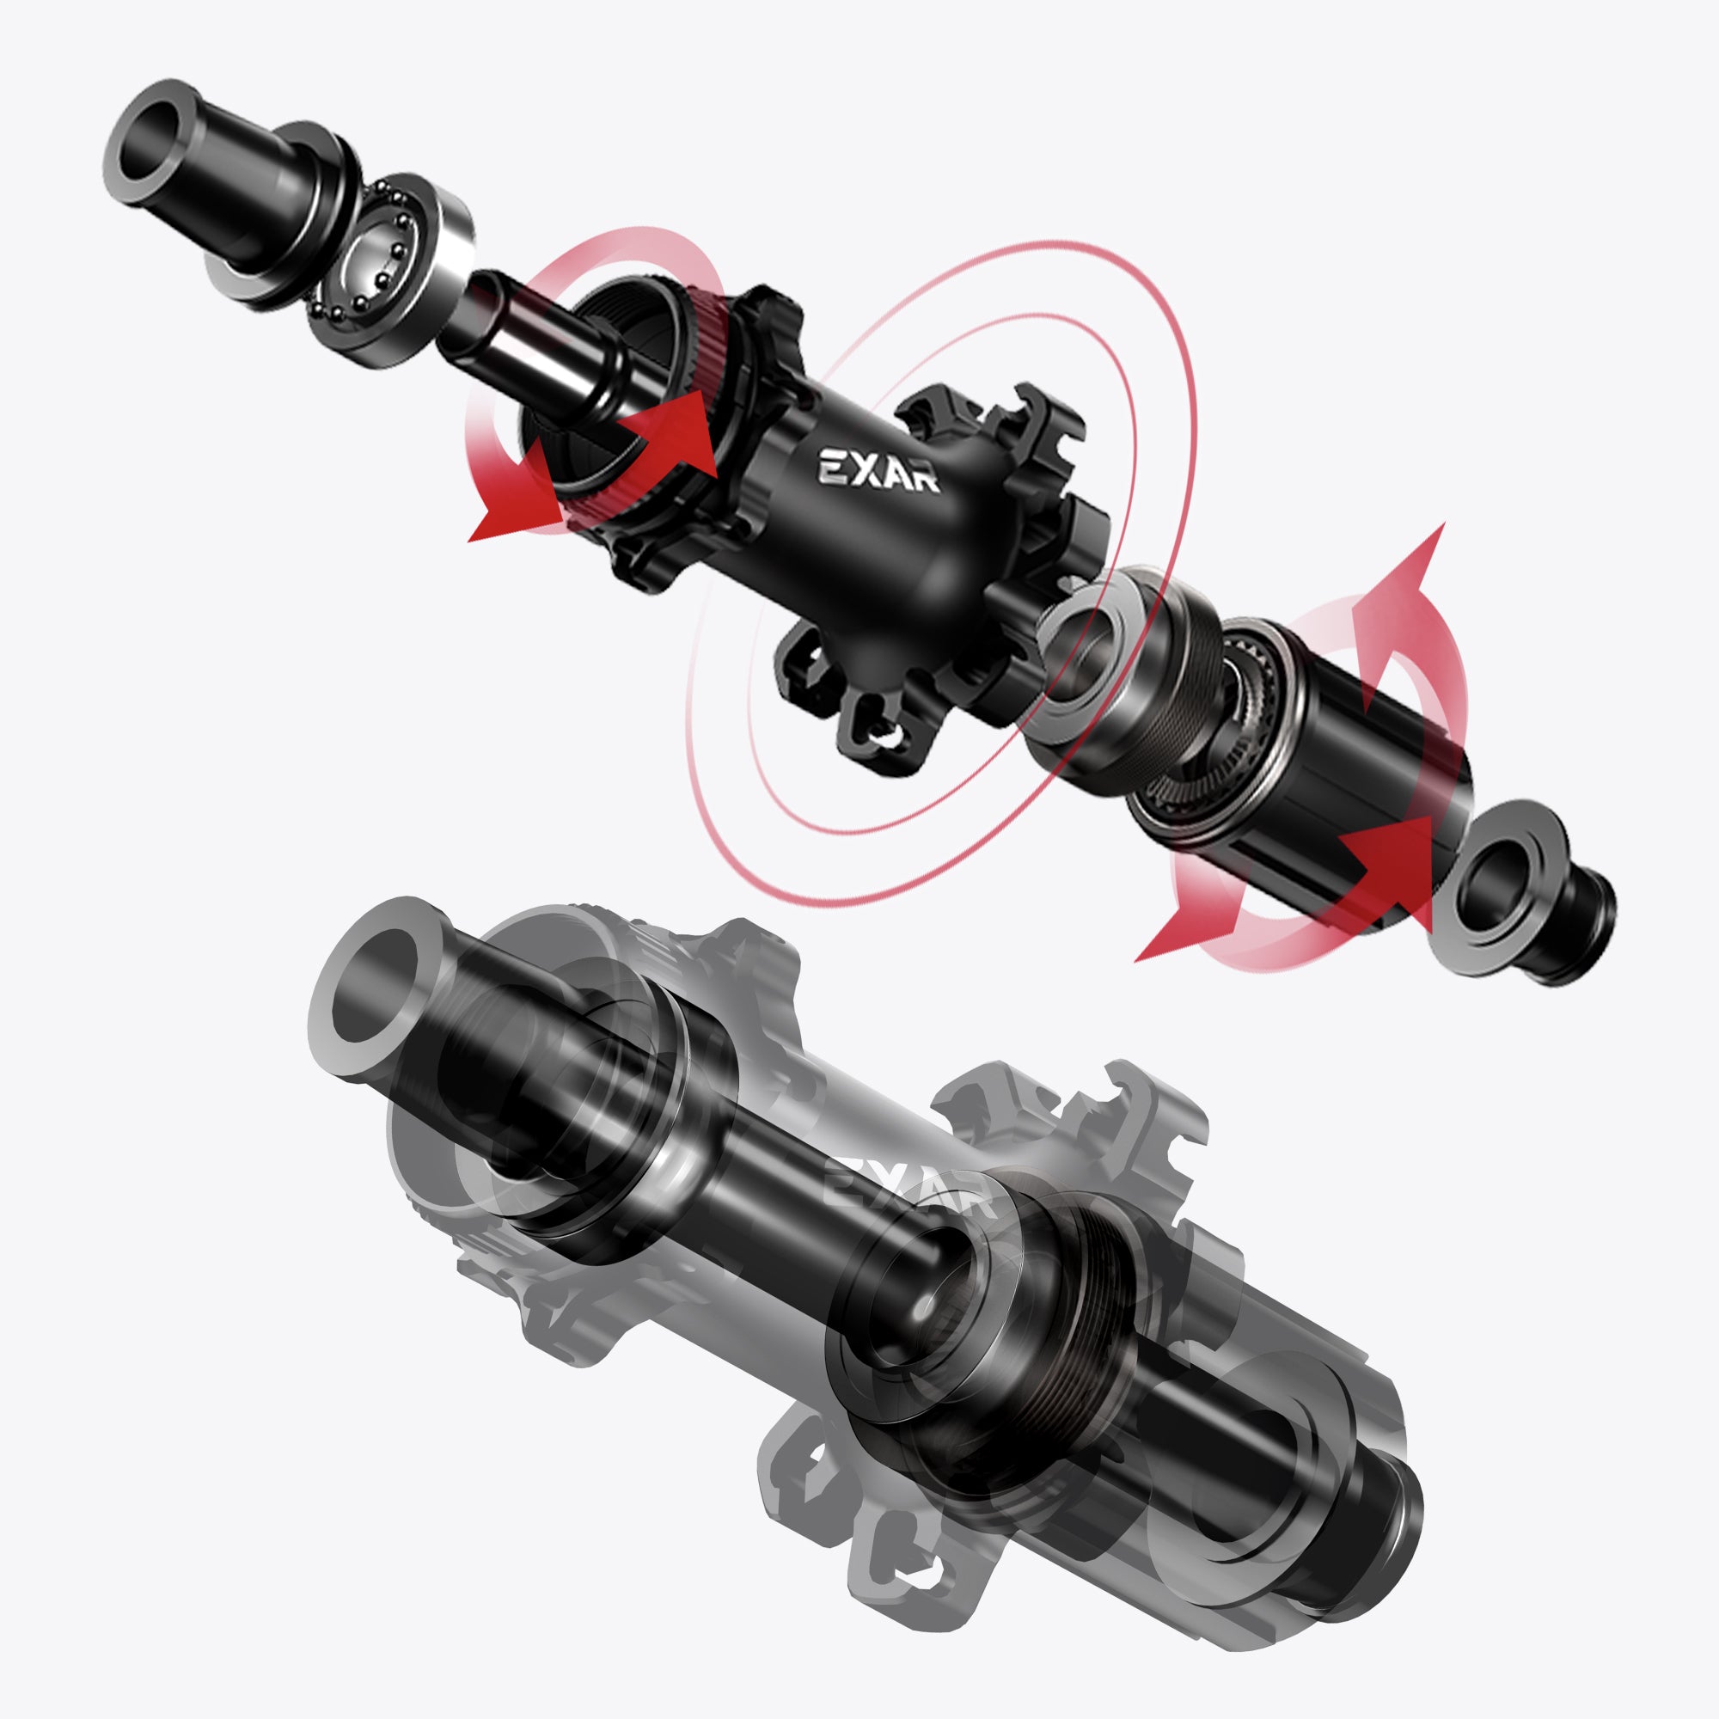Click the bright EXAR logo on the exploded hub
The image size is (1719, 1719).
click(x=878, y=469)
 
